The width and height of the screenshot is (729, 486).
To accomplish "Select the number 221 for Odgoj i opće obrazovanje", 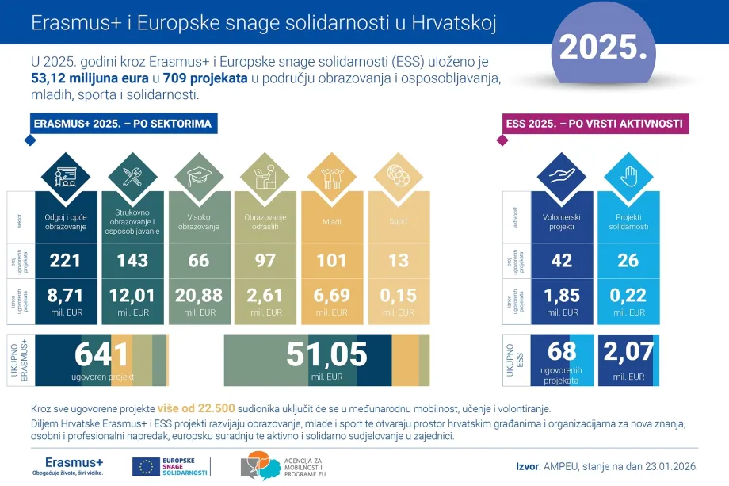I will click(66, 261).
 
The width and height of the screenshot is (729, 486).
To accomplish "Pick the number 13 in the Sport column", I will click(398, 261).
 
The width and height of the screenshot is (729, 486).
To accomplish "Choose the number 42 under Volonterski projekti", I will click(561, 261).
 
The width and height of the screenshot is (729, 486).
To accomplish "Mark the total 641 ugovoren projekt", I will click(101, 356).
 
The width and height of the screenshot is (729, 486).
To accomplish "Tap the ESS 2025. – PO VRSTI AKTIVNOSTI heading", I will click(595, 124).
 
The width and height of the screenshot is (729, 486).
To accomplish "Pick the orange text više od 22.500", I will click(197, 409).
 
